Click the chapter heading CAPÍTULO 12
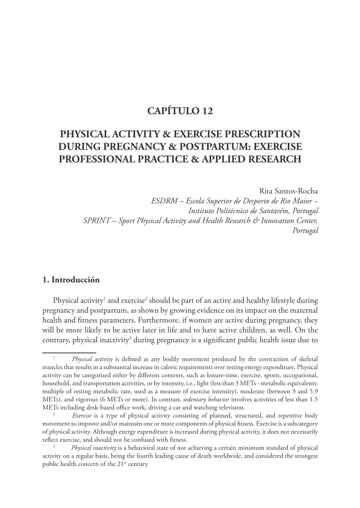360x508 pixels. tap(180, 112)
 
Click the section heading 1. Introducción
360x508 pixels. tap(71, 280)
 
